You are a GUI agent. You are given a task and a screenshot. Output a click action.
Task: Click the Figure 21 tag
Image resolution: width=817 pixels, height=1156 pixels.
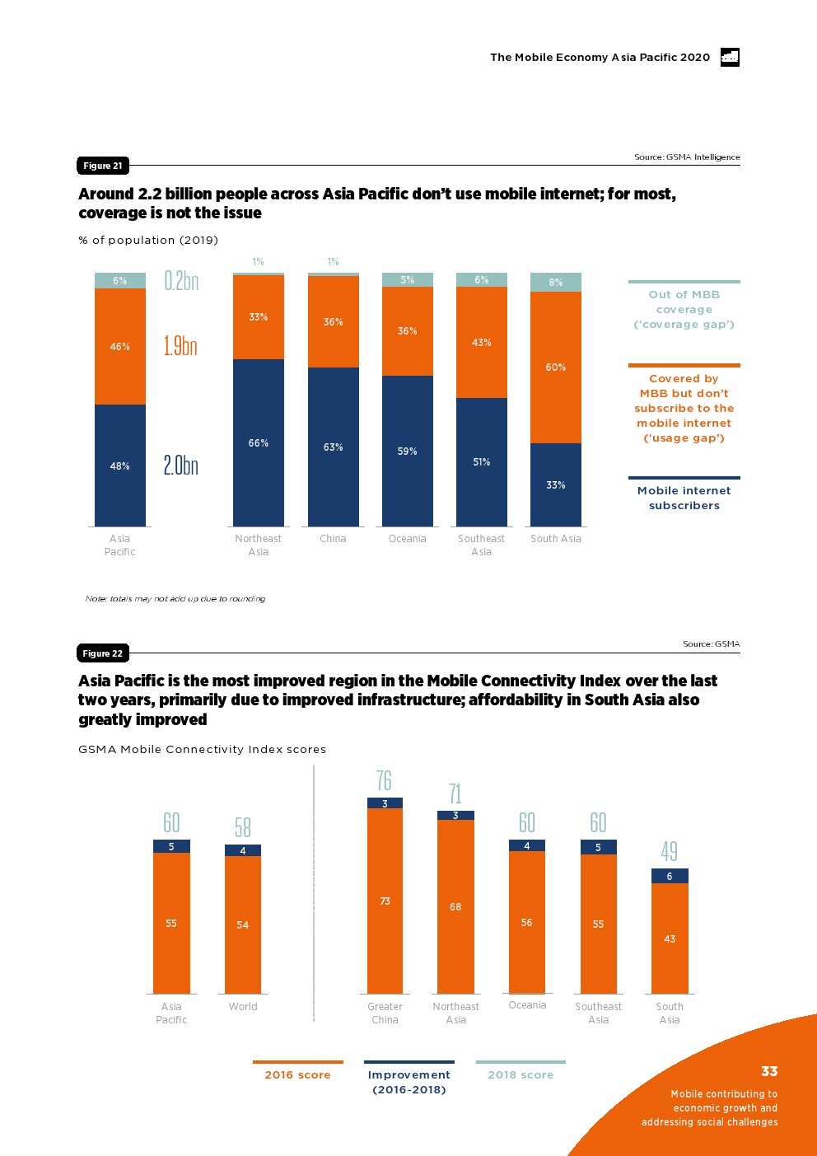coord(103,166)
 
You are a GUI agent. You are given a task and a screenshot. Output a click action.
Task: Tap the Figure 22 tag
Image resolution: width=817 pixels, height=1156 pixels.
coord(103,653)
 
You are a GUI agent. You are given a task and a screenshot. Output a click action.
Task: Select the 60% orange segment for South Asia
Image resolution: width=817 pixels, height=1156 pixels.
coord(556,367)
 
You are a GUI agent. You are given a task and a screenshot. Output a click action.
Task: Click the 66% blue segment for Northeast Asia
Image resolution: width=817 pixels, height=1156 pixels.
coord(259,442)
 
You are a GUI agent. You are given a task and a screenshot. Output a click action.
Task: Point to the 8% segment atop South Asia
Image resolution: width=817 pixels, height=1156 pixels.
coord(556,282)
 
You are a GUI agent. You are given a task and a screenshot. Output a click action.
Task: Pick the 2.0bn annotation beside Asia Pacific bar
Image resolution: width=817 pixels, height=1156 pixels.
coord(180,466)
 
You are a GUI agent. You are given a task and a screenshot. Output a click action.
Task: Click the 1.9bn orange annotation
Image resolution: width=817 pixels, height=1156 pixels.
coord(180,346)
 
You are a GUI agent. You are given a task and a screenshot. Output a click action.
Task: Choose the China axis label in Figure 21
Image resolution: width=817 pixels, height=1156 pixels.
coord(333,539)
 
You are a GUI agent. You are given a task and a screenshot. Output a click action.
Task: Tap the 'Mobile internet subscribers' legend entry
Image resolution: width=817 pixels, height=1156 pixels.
coord(684,498)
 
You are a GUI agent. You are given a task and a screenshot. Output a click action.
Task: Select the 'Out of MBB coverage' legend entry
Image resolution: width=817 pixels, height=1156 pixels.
coord(684,309)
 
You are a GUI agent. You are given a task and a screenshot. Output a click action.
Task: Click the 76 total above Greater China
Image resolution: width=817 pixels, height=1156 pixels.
coord(384,780)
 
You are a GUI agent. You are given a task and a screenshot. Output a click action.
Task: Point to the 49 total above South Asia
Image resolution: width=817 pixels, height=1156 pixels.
coord(670,851)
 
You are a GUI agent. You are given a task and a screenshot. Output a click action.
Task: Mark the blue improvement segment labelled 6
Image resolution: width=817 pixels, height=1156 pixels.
coord(670,876)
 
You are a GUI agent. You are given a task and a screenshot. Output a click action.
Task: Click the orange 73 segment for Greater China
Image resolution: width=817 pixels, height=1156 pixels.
coord(385,901)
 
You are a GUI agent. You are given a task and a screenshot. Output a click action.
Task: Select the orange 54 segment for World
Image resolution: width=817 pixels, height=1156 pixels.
coord(243,924)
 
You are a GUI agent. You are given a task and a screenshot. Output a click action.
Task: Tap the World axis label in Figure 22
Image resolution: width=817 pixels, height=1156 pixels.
coord(243,1007)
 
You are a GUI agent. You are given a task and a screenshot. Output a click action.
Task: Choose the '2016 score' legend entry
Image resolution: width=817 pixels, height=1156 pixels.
coord(297,1074)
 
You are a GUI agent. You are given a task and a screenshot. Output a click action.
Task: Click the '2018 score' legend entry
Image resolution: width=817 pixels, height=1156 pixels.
coord(521,1074)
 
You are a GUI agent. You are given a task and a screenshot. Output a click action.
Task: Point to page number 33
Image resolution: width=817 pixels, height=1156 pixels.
coord(769,1071)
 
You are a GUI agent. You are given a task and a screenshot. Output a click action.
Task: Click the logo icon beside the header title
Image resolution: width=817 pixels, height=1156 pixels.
coord(730,57)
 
